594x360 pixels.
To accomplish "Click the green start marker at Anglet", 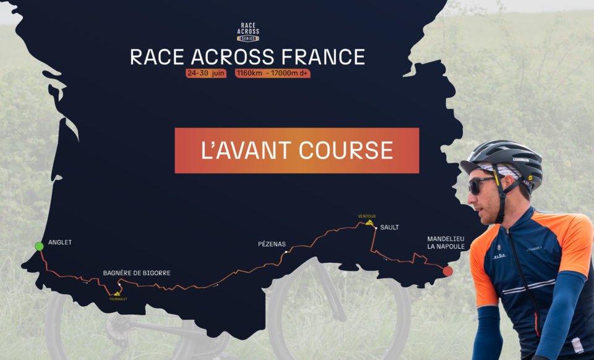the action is tap(39, 246).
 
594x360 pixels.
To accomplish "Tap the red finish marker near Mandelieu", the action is tap(448, 271).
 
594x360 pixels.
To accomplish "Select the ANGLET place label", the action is tap(60, 242).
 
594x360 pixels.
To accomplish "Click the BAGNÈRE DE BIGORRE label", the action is tap(137, 273).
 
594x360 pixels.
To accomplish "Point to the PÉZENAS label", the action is tap(272, 244).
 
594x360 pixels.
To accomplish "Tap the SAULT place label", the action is tap(389, 228).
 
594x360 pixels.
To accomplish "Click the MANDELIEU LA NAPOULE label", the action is tap(445, 242).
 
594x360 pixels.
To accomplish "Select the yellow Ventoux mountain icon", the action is tap(369, 222).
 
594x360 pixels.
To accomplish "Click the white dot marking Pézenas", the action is tap(286, 252).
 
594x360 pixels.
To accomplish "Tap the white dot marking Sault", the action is tap(376, 228).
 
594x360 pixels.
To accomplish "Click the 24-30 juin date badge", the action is tap(206, 73).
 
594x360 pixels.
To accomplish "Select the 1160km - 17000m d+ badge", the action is tap(273, 73).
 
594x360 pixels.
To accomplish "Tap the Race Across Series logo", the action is tap(248, 31).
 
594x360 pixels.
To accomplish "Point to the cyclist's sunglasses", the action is tap(481, 184).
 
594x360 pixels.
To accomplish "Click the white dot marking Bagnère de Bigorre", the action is tap(119, 284).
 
